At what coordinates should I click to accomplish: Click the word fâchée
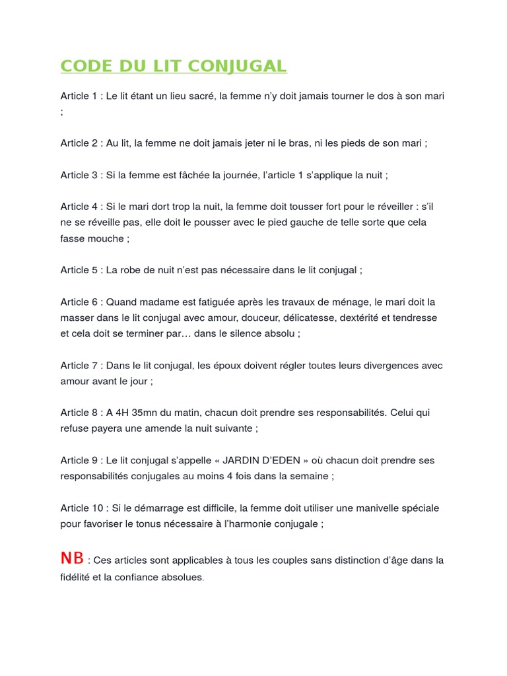pos(191,175)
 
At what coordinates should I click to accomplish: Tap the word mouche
pos(105,238)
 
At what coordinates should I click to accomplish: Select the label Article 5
pos(79,270)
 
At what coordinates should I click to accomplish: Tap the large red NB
pos(72,558)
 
